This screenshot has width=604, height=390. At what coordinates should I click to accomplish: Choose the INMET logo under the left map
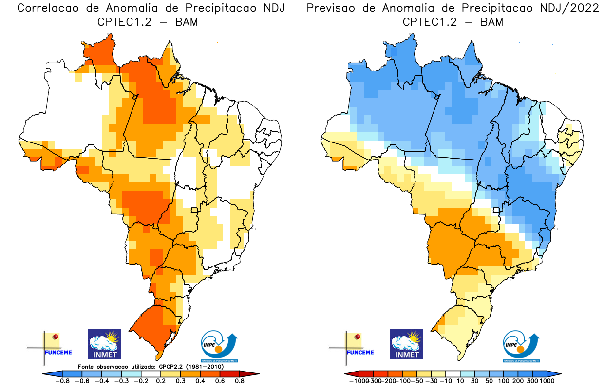coord(104,343)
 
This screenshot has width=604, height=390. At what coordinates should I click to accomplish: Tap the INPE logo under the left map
coord(220,346)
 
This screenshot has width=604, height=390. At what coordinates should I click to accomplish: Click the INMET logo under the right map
coord(407,343)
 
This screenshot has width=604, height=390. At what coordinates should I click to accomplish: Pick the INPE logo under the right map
coord(522,346)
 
